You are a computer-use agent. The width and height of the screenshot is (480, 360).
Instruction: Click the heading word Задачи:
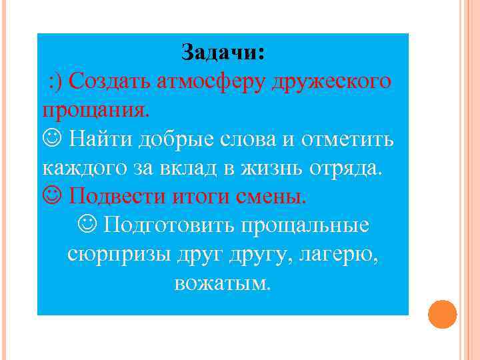coord(223,53)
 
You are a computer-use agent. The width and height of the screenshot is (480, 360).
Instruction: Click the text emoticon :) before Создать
coord(56,82)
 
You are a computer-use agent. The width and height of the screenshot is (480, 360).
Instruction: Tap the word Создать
coord(110,82)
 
